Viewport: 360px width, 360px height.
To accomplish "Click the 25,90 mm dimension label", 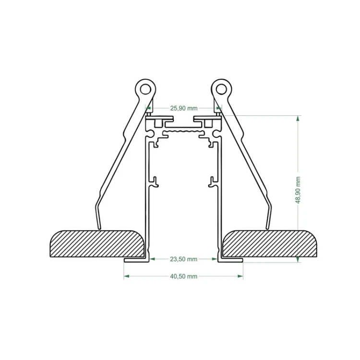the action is pyautogui.click(x=184, y=108).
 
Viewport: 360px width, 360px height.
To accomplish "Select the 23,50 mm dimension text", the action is pyautogui.click(x=183, y=259).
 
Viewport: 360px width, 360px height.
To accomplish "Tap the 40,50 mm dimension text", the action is pyautogui.click(x=183, y=276).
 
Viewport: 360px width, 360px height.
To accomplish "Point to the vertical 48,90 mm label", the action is pyautogui.click(x=298, y=190).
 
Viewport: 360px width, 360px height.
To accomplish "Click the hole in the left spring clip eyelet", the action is pyautogui.click(x=145, y=89).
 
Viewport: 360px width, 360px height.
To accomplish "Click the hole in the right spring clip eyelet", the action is pyautogui.click(x=221, y=89).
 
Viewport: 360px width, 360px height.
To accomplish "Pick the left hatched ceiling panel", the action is pyautogui.click(x=97, y=243).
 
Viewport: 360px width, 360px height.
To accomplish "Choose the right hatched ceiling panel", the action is pyautogui.click(x=270, y=243).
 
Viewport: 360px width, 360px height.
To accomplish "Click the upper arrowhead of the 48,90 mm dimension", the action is pyautogui.click(x=298, y=119).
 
